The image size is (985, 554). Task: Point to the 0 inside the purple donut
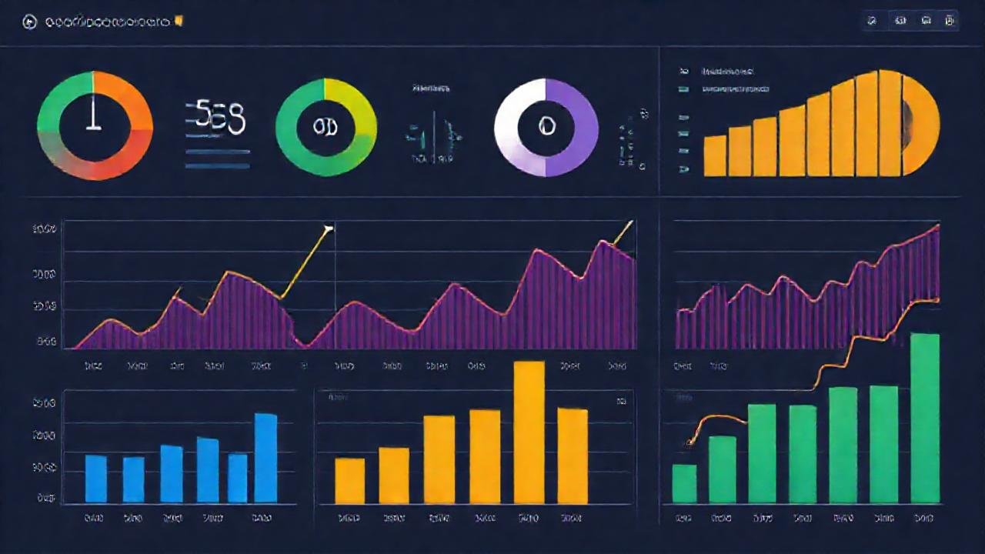pyautogui.click(x=546, y=126)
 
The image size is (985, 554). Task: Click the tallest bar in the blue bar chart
pyautogui.click(x=265, y=458)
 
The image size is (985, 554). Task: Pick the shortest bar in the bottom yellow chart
pyautogui.click(x=349, y=481)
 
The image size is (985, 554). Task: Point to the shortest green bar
pyautogui.click(x=684, y=484)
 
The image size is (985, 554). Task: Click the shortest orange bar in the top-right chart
pyautogui.click(x=715, y=155)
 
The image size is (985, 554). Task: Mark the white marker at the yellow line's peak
pyautogui.click(x=329, y=229)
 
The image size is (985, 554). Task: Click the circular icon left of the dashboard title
pyautogui.click(x=30, y=23)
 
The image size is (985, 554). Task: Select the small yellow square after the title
pyautogui.click(x=179, y=22)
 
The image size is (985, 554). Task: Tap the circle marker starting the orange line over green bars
pyautogui.click(x=690, y=442)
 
